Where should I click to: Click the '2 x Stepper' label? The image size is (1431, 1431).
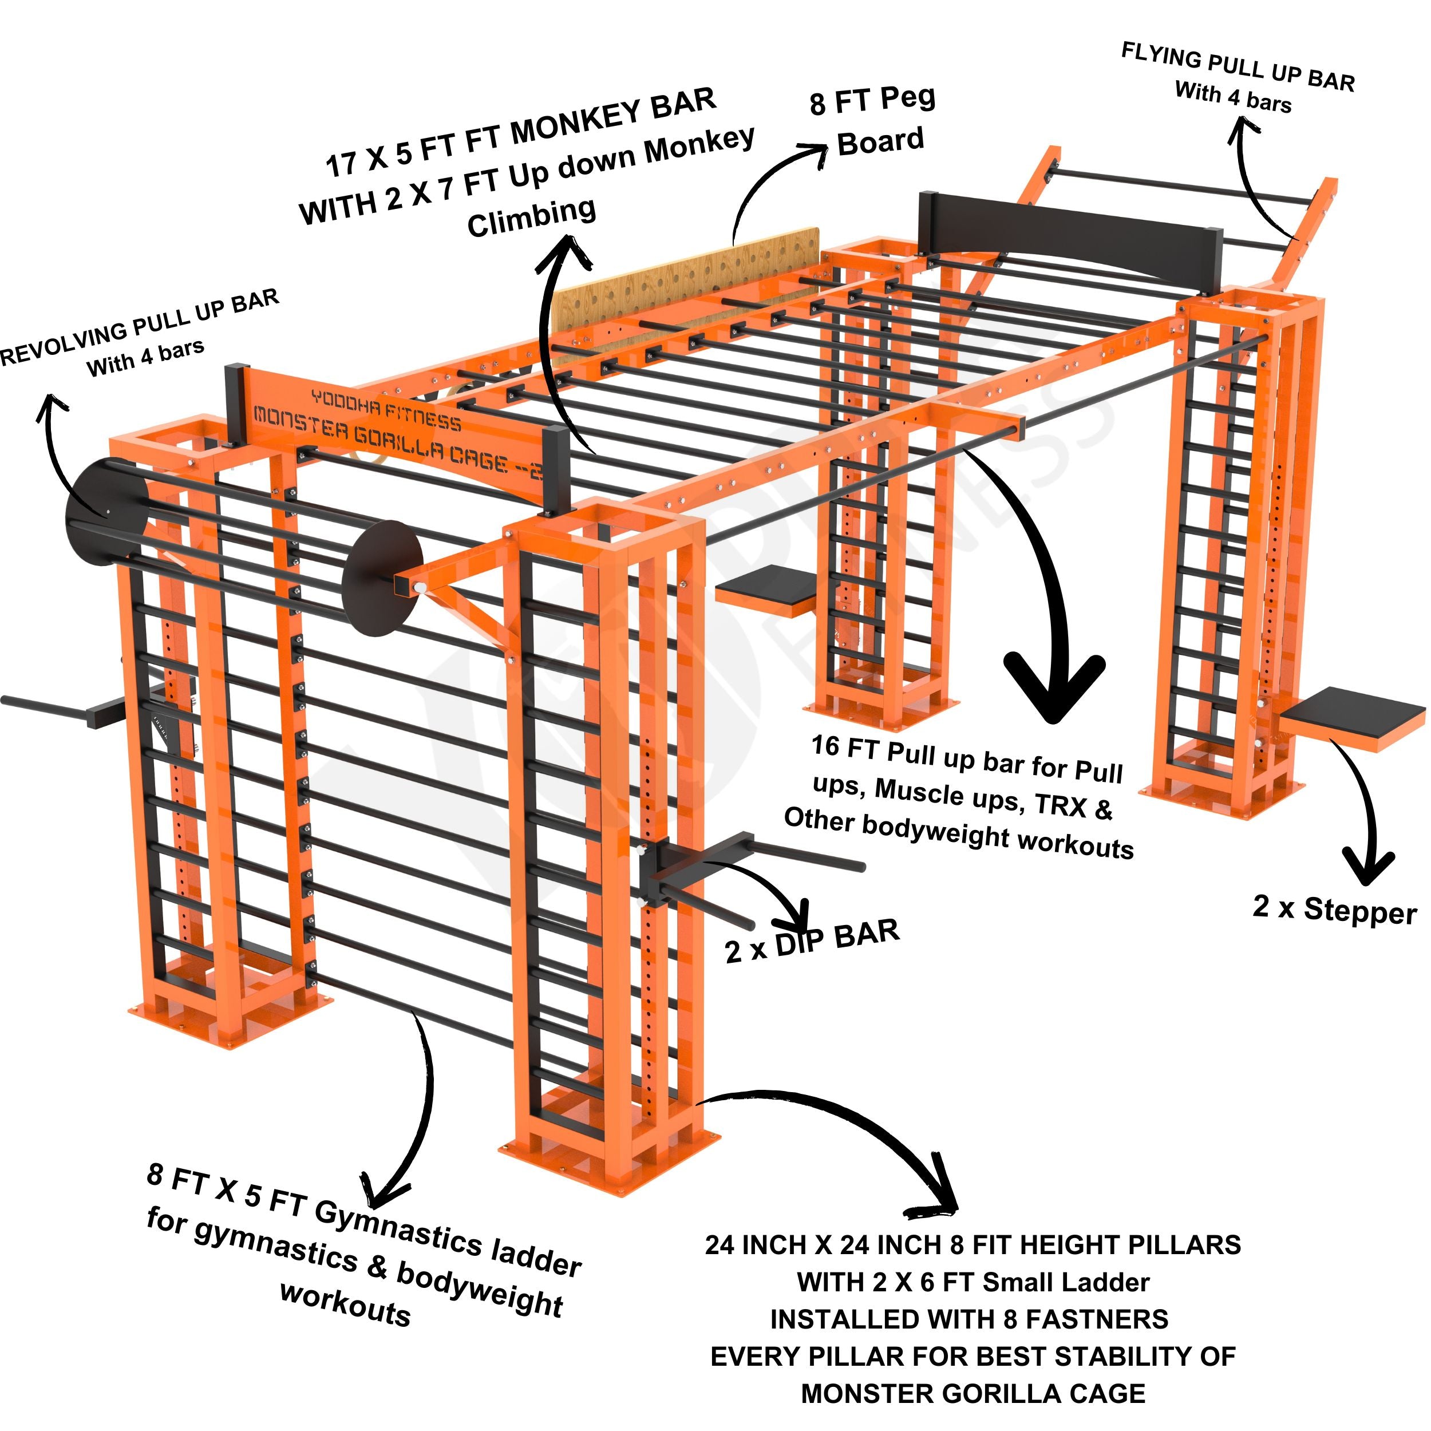pos(1334,910)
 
